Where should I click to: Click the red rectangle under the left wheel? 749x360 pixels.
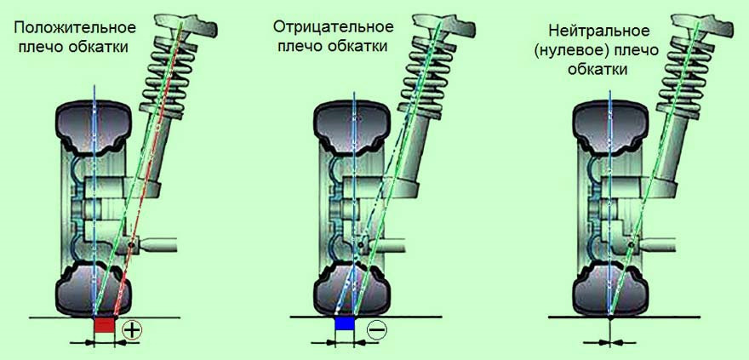[104, 325]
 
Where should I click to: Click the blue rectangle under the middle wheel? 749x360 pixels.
[344, 324]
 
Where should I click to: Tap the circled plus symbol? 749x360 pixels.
[131, 330]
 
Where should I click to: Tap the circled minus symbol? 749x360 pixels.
[375, 329]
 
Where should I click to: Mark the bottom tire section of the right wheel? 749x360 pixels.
[612, 289]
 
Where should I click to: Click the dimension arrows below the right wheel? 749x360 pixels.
[611, 342]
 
